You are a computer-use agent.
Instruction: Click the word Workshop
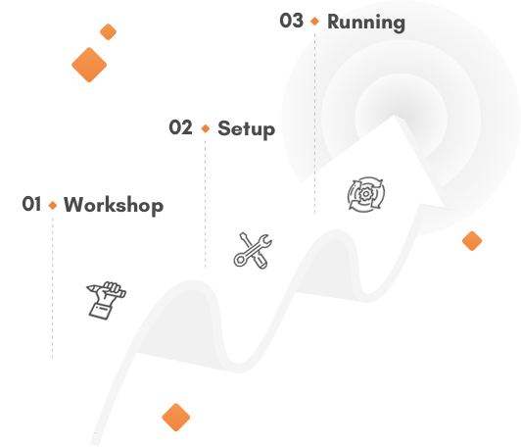click(114, 206)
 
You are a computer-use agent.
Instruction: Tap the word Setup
click(246, 129)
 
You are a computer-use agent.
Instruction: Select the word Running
click(366, 23)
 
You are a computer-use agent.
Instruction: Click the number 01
click(31, 204)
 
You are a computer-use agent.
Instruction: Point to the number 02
click(180, 127)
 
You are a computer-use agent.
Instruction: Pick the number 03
click(292, 21)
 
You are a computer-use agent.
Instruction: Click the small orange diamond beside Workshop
click(53, 205)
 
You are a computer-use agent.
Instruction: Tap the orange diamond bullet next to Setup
click(206, 128)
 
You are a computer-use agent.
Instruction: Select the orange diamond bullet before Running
click(314, 22)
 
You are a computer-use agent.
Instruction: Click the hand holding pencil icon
click(107, 300)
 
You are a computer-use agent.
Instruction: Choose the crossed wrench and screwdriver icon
click(253, 250)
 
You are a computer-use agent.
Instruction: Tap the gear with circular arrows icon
click(366, 194)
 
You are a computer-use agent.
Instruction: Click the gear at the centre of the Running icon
click(366, 194)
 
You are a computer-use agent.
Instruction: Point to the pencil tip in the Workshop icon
click(88, 287)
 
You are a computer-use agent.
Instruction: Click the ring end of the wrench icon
click(239, 260)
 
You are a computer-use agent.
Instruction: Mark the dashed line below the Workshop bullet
click(53, 287)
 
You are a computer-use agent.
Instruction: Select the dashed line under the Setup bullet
click(206, 204)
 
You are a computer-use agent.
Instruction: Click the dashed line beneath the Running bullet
click(314, 124)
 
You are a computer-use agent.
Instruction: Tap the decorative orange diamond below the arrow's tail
click(175, 417)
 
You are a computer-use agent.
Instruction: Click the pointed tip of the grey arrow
click(394, 116)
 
